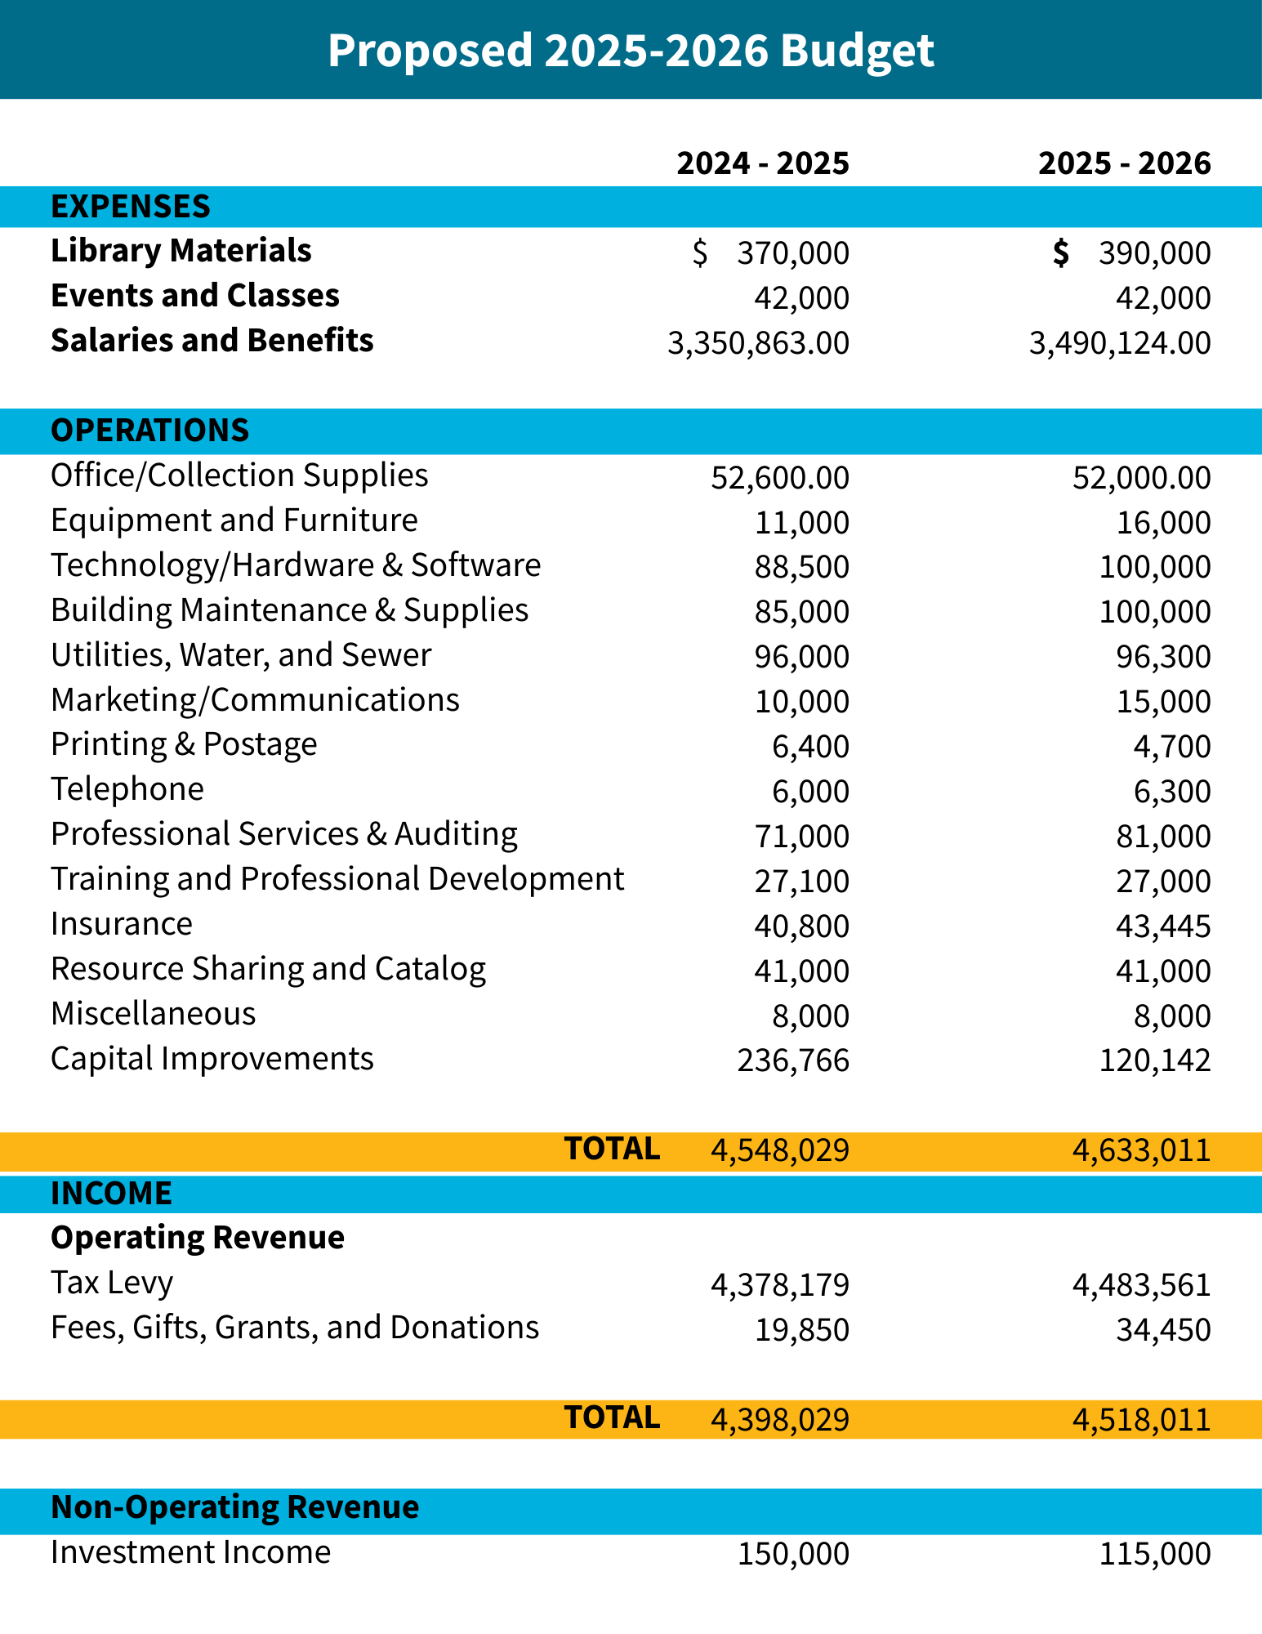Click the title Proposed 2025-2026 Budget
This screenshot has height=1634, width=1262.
631,51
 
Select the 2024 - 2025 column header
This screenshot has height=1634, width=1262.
763,163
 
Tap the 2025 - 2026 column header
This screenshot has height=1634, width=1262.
1125,163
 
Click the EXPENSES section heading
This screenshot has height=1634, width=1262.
131,207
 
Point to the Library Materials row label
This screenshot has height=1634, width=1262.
181,251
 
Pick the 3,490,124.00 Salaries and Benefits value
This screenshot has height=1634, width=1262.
1120,343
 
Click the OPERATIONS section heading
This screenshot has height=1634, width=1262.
150,431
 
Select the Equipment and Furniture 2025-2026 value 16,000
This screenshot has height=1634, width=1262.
1163,523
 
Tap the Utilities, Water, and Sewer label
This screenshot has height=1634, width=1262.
241,655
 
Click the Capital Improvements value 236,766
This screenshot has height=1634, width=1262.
793,1060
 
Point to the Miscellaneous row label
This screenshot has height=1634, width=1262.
154,1014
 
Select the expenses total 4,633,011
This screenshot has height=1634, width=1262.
1141,1150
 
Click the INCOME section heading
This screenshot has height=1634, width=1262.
112,1194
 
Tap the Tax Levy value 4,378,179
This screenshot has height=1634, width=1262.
780,1285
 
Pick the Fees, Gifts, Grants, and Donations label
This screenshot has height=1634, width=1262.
295,1328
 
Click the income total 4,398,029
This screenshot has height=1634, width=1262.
780,1420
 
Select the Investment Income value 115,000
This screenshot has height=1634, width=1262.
1154,1554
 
